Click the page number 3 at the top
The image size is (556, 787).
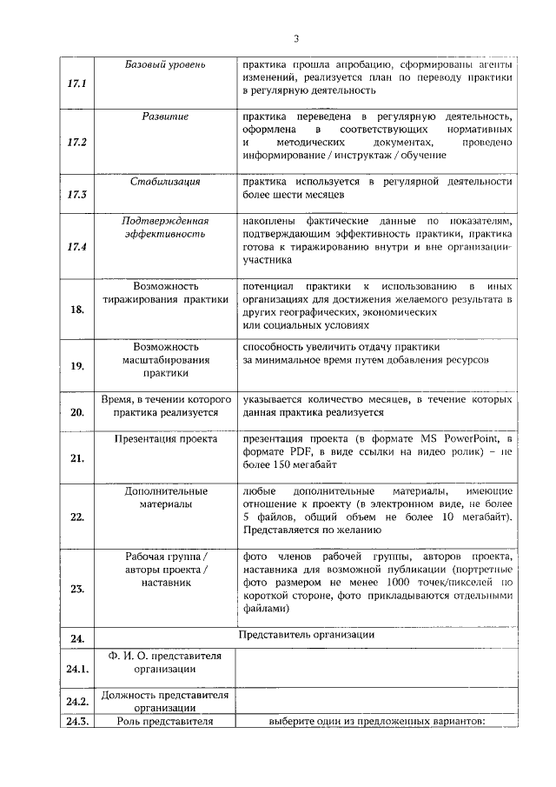click(295, 38)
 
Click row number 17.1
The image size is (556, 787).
click(76, 83)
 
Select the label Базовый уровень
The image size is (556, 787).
click(165, 65)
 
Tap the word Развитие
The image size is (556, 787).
click(165, 116)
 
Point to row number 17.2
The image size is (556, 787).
click(76, 141)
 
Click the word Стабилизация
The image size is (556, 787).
click(165, 182)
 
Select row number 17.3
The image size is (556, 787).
click(76, 194)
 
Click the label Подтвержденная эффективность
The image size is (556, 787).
click(165, 228)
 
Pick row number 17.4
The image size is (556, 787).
click(76, 247)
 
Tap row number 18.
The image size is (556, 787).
click(76, 310)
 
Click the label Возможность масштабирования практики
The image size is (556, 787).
click(165, 360)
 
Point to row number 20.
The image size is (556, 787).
click(76, 412)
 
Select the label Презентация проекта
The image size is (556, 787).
click(165, 440)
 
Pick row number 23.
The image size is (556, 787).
click(76, 589)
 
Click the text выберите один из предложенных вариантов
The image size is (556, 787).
click(376, 720)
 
